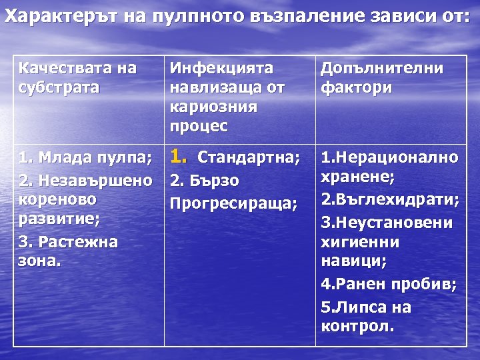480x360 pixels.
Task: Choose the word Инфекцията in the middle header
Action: pyautogui.click(x=222, y=69)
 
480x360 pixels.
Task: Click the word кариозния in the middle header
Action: pyautogui.click(x=213, y=107)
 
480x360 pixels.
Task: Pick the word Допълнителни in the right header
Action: pyautogui.click(x=382, y=69)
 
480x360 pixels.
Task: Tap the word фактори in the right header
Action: pyautogui.click(x=356, y=87)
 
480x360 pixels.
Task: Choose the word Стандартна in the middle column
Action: pyautogui.click(x=248, y=160)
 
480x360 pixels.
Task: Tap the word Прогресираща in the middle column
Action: pyautogui.click(x=233, y=201)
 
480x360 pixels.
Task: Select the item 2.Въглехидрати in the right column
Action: pyautogui.click(x=389, y=200)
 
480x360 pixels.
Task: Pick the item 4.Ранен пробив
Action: pyautogui.click(x=388, y=285)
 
